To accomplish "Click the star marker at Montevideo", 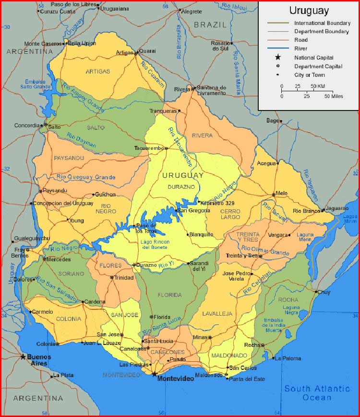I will point(154,373).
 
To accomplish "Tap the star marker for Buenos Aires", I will point(23,356).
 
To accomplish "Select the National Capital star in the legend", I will point(278,57).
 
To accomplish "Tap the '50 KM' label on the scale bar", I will point(318,86).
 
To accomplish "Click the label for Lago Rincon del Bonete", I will point(155,244).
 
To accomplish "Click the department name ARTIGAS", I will point(97,72).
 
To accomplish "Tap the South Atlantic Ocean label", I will point(317,393).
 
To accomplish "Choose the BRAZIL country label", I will point(210,24).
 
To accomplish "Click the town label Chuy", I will point(324,292).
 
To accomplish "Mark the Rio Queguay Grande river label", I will point(86,177).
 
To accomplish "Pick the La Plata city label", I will point(63,375).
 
